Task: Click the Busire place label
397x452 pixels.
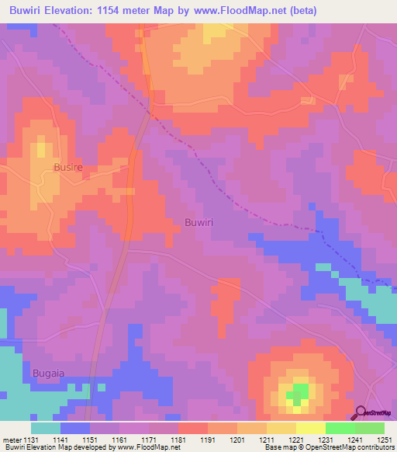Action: [67, 167]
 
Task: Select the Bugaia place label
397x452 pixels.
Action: [48, 374]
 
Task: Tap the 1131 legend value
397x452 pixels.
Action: [30, 440]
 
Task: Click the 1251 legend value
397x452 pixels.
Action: [384, 440]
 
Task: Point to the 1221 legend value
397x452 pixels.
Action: [295, 440]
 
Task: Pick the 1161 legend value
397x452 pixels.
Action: [119, 440]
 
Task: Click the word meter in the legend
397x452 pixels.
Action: [11, 440]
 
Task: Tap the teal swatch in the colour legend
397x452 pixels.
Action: [46, 428]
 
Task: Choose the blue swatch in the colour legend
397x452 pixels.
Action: [75, 428]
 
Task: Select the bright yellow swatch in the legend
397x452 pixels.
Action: [310, 428]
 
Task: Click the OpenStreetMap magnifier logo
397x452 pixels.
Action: [361, 413]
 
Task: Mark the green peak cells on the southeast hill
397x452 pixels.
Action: [298, 393]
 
